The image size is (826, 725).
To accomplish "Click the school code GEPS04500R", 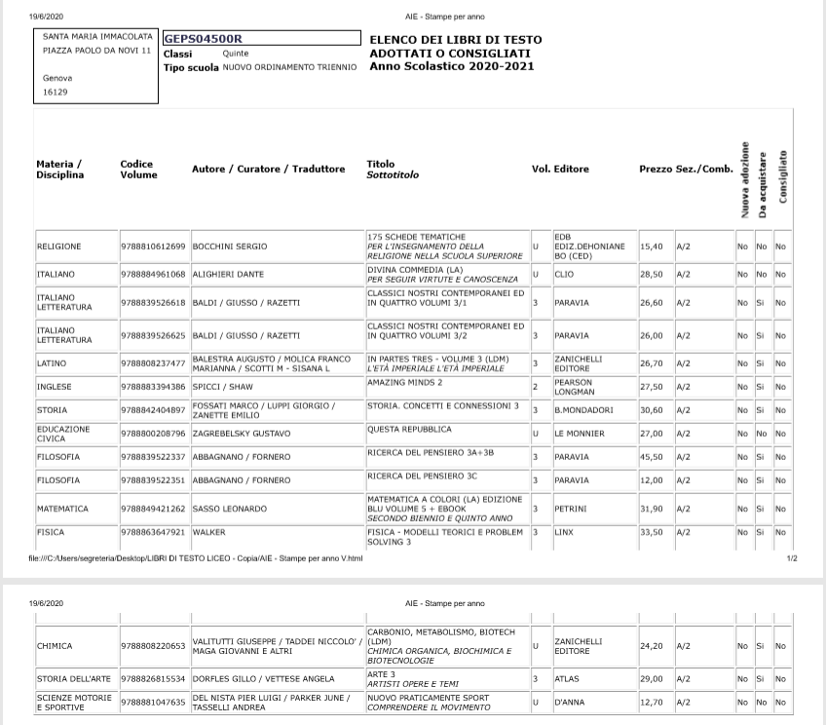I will coord(203,39).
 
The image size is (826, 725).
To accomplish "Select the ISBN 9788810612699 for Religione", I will coord(153,247).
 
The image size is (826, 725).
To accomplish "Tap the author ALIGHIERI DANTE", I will coord(228,275).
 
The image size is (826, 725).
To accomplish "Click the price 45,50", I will coord(651,457).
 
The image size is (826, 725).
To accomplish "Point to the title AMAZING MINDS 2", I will coord(405,383).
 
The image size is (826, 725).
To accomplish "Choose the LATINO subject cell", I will coord(52,363).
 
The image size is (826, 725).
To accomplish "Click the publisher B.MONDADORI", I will coord(583,410).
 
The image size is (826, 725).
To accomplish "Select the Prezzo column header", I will coord(656,170).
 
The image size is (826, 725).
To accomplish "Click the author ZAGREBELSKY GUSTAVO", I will coord(239,434).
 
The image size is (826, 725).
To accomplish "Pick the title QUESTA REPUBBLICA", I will coord(409,430).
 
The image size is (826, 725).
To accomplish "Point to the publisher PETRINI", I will coord(570,509).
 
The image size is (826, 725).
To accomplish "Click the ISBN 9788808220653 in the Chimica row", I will coord(153,646).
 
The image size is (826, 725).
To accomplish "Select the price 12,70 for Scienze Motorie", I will coord(651,702).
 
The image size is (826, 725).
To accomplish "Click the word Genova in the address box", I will coord(57,78).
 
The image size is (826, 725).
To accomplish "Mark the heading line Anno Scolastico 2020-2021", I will coord(451,67).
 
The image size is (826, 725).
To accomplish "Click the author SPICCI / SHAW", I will coord(222,387).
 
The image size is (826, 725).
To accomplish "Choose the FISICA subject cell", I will coord(50,533).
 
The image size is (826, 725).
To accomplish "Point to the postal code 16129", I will coord(55,93).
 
